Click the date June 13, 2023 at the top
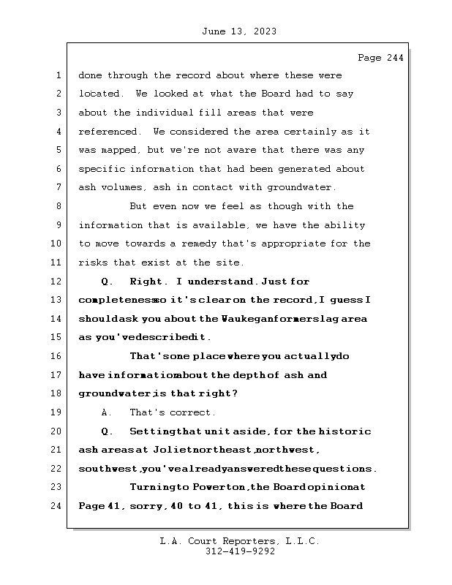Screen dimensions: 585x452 pos(238,31)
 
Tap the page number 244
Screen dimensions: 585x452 pos(394,58)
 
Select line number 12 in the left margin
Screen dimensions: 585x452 pos(58,282)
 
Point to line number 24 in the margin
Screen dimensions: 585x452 pos(58,505)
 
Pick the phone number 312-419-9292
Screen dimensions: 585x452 pos(238,551)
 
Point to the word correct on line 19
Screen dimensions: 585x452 pos(192,412)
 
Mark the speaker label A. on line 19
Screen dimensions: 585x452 pos(105,412)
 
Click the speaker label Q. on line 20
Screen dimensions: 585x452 pos(106,431)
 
